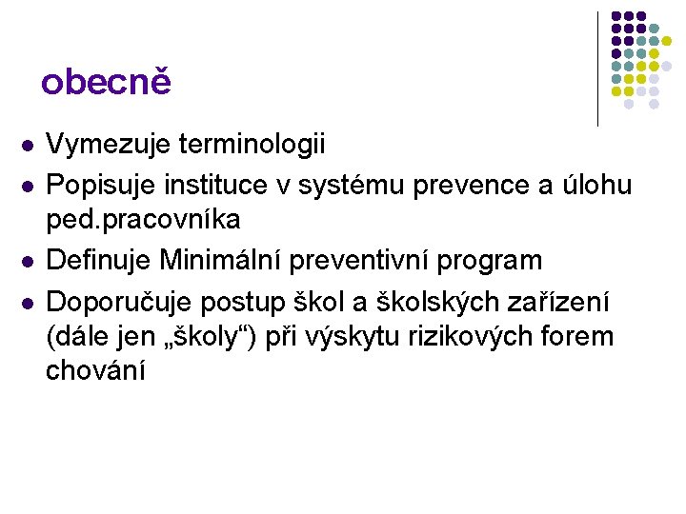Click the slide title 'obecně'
pyautogui.click(x=106, y=83)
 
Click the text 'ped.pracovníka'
pyautogui.click(x=143, y=221)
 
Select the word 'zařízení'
pyautogui.click(x=569, y=302)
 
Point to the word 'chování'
pyautogui.click(x=96, y=371)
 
